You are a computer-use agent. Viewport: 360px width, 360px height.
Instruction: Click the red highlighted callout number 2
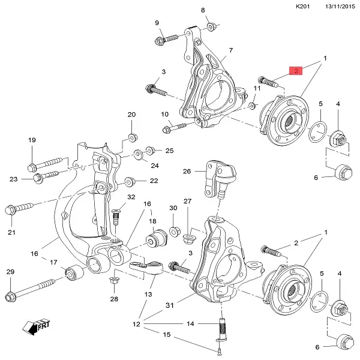click(296, 71)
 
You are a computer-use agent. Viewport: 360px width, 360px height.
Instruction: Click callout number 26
click(187, 171)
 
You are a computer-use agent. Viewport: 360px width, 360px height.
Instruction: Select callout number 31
click(170, 305)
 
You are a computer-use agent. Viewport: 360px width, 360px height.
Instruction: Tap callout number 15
click(167, 334)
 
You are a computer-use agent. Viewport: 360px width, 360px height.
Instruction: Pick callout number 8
click(203, 10)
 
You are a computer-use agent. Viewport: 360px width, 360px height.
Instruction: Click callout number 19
click(32, 140)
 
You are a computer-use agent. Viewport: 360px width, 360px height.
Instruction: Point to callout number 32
click(131, 197)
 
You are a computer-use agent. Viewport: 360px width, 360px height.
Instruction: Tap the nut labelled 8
click(212, 26)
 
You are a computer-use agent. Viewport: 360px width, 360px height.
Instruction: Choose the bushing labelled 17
click(74, 273)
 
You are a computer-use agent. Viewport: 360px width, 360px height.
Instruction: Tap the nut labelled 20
click(133, 136)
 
